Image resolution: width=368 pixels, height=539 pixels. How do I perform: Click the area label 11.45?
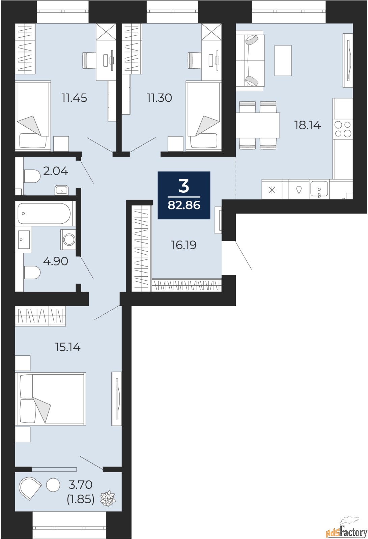tap(75, 98)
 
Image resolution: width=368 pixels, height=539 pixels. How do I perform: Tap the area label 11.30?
tap(160, 98)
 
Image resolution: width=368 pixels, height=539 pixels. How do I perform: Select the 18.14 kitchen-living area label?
tap(308, 125)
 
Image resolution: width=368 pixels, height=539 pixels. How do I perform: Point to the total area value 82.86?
tap(184, 205)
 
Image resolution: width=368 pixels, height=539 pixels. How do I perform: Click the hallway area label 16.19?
tap(184, 245)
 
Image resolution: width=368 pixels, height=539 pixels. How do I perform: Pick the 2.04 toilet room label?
tap(56, 171)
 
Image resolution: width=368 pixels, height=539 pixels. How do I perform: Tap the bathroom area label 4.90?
tap(56, 261)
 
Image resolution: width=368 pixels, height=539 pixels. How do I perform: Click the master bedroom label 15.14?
tap(68, 347)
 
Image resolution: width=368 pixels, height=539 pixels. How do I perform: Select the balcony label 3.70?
tap(80, 485)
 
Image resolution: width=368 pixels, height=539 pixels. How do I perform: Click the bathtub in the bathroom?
tap(45, 214)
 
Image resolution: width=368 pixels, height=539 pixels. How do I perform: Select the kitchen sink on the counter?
tap(319, 189)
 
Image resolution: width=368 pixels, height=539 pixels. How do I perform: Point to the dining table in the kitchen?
tap(258, 125)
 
